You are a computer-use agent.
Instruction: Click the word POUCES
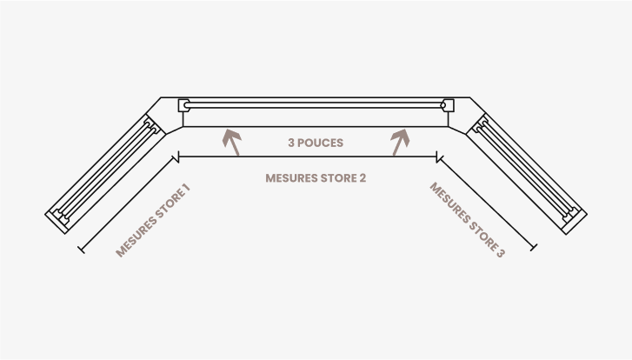tap(321, 143)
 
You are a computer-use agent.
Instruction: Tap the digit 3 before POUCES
tap(292, 143)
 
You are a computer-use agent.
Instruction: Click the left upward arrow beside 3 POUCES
tap(231, 142)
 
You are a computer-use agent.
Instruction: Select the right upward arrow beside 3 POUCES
tap(400, 142)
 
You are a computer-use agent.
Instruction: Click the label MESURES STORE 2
tap(316, 178)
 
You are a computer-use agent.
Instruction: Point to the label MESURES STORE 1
tap(153, 221)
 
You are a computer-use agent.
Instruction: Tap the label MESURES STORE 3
tap(467, 220)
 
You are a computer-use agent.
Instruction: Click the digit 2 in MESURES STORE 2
tap(363, 178)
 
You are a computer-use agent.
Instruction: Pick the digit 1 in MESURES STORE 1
tap(185, 189)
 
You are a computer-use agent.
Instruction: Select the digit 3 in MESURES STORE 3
tap(500, 253)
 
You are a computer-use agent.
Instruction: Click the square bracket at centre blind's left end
tap(183, 105)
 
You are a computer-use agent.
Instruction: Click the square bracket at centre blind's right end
tap(448, 105)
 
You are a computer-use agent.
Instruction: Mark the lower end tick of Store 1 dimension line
tap(82, 250)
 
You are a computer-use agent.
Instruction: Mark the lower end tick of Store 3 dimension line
tap(533, 248)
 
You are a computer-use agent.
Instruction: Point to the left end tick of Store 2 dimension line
tap(178, 157)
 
